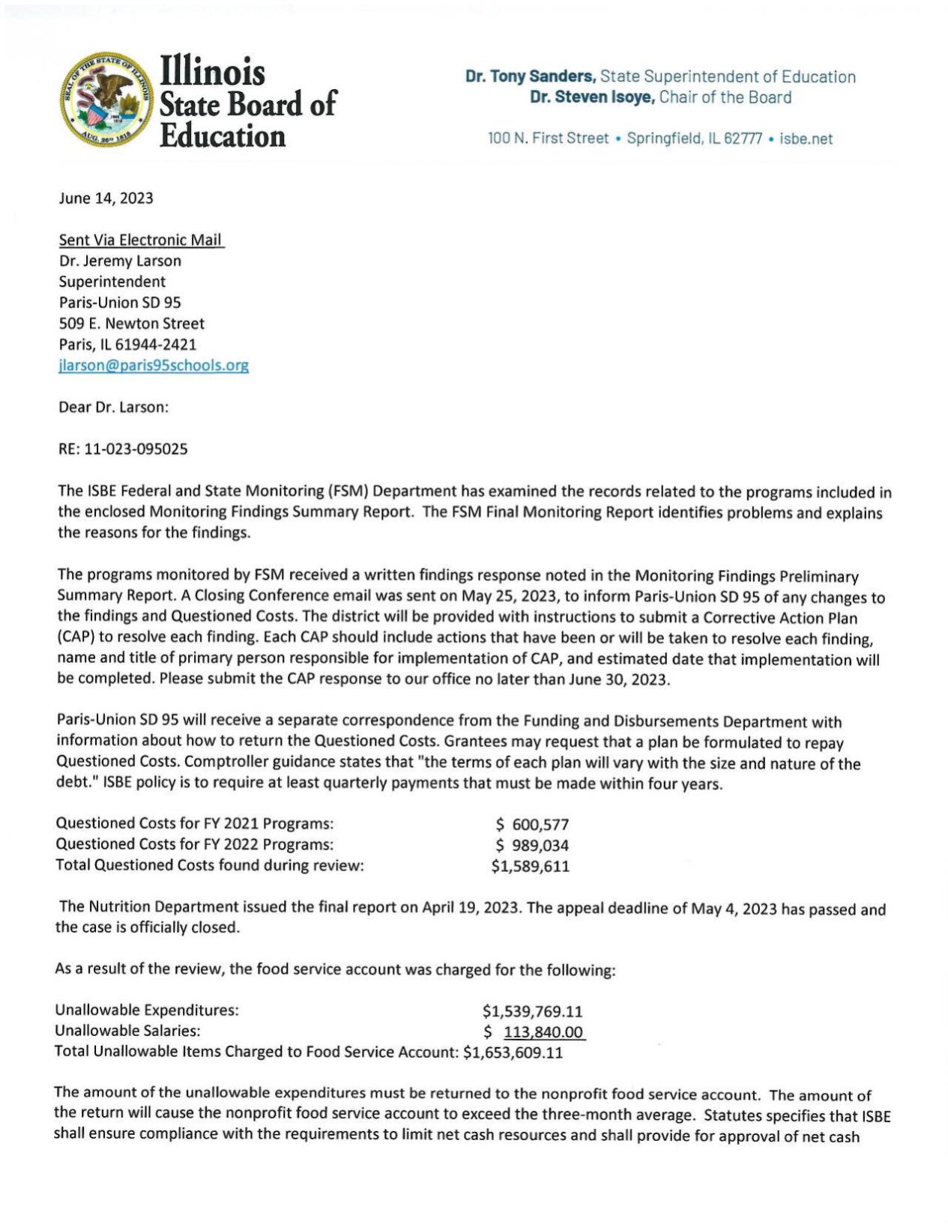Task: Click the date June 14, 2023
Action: [106, 198]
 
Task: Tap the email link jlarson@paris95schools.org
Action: [154, 366]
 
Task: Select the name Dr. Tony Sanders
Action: [530, 76]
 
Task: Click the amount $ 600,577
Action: [532, 825]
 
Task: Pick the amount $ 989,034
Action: [532, 846]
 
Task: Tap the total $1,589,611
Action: [530, 867]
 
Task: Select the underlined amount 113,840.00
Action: [543, 1032]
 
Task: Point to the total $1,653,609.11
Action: [513, 1052]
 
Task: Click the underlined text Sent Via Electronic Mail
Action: [141, 240]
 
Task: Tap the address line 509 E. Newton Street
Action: [131, 324]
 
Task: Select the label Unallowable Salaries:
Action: [127, 1031]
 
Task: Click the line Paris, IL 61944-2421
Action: [127, 345]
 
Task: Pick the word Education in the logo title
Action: [223, 136]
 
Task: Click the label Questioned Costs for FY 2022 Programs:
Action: [194, 844]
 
